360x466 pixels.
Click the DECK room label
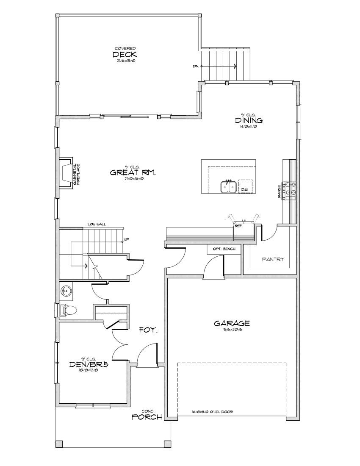tap(125, 55)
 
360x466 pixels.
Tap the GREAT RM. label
tap(133, 172)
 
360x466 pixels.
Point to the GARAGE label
tap(232, 323)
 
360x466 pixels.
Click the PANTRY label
tap(273, 259)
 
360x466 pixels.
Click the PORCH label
tap(147, 417)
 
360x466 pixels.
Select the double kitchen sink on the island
tap(228, 187)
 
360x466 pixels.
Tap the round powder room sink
tap(66, 291)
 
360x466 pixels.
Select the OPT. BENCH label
tap(224, 249)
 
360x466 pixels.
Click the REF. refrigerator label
tap(238, 226)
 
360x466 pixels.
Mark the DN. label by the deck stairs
tap(196, 66)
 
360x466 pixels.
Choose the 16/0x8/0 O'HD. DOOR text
tap(212, 411)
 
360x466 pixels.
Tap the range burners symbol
tap(290, 189)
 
